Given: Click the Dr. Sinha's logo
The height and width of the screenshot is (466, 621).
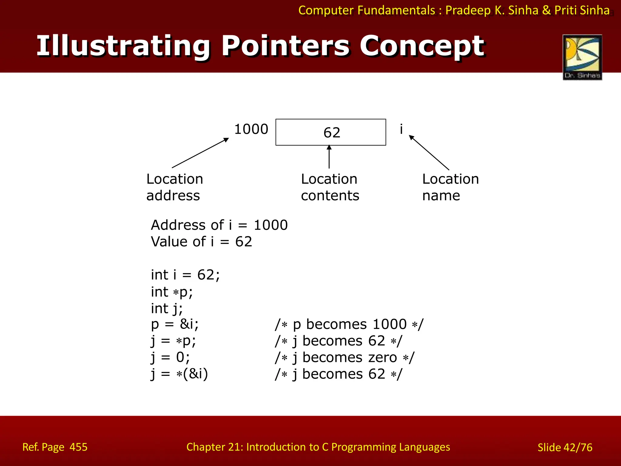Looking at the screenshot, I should click(x=582, y=57).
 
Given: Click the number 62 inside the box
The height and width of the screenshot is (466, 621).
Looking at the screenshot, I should click(x=332, y=133).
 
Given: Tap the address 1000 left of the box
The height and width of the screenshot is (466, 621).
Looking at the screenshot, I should click(x=251, y=129).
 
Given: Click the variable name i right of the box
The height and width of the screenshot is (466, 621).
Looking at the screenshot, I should click(x=401, y=129).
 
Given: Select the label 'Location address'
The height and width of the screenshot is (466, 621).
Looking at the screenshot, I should click(x=174, y=187).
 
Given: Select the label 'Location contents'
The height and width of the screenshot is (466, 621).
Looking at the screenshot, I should click(x=330, y=187).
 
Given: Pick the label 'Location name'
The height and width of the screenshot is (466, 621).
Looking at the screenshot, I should click(x=450, y=187).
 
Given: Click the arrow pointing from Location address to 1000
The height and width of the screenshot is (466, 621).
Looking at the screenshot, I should click(x=200, y=153).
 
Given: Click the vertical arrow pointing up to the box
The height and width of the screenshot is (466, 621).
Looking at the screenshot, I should click(x=329, y=157).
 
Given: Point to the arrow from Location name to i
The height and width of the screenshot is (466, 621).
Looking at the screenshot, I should click(x=429, y=153).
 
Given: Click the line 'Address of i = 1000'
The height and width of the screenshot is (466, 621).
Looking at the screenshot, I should click(x=219, y=225).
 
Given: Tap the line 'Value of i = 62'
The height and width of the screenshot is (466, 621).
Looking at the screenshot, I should click(x=201, y=242).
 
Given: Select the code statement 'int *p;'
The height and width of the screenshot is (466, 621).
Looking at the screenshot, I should click(x=172, y=292).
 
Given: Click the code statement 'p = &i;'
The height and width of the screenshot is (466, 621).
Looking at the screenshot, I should click(x=175, y=324).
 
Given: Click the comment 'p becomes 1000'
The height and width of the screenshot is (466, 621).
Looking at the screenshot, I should click(x=349, y=324).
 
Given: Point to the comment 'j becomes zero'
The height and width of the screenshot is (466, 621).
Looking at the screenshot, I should click(x=344, y=358).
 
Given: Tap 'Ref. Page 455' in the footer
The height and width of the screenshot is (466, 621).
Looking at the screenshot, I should click(x=55, y=447).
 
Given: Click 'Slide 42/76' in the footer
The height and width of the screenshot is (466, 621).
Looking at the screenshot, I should click(x=565, y=447).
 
